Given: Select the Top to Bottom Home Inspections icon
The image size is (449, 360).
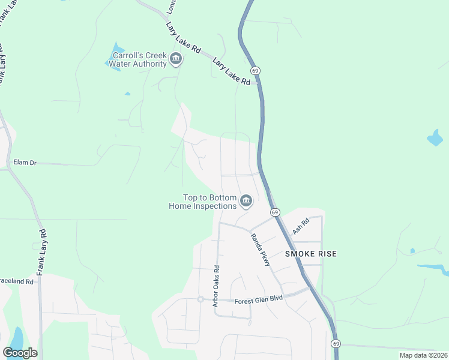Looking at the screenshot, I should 246,202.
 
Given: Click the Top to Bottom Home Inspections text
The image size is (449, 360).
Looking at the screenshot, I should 202,202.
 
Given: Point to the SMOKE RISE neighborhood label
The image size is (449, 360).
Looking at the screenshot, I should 311,254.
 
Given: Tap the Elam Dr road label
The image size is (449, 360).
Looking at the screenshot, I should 25,163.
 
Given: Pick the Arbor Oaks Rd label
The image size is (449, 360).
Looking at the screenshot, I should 216,286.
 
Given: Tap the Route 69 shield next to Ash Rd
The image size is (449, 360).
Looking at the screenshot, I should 274,212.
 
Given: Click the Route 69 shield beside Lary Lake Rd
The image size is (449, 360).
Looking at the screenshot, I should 255,71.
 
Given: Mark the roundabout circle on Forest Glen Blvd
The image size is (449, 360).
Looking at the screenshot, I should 200,299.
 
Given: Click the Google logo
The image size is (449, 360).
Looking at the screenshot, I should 20,353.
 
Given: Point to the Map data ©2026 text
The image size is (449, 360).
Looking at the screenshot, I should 423,355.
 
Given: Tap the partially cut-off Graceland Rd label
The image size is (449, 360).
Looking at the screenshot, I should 16,281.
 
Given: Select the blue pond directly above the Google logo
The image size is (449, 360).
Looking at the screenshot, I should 17,337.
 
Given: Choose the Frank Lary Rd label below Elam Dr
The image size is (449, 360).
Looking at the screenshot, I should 41,253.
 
